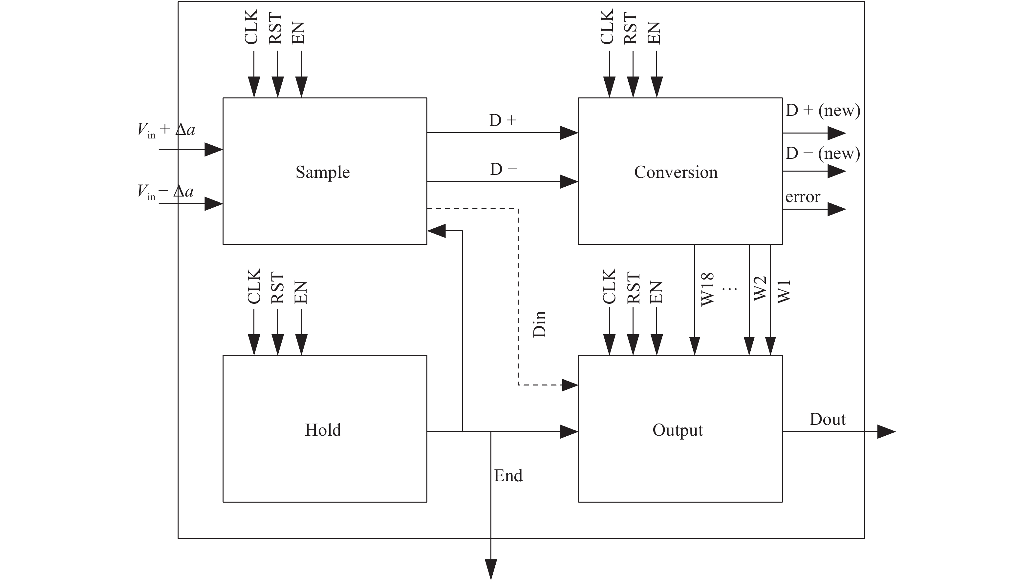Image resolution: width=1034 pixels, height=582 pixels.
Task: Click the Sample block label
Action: pos(323,172)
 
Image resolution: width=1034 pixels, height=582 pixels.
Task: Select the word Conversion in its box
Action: pos(676,172)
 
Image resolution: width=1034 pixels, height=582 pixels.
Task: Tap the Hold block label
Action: pos(323,430)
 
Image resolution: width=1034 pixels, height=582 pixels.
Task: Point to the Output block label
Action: pos(678,430)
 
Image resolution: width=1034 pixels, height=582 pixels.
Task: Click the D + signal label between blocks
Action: pos(503,120)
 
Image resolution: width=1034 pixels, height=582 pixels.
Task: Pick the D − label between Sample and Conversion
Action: pos(503,169)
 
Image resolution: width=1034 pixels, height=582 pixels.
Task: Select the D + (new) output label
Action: pos(823,110)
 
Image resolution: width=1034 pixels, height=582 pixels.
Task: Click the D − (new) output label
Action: pos(823,153)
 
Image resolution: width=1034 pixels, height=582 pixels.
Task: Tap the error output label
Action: pos(802,197)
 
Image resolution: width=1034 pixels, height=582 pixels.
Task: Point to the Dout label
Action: pos(827,420)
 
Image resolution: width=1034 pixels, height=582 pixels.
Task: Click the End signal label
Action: pos(508,476)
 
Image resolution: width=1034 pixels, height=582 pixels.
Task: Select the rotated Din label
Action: pos(539,324)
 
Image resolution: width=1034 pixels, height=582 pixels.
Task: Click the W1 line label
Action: pos(784,292)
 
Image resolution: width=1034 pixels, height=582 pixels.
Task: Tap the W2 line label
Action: pos(760,288)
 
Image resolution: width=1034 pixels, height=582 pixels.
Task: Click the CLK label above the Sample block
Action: pos(251,27)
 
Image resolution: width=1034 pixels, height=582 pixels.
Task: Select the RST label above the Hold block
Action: pos(277,288)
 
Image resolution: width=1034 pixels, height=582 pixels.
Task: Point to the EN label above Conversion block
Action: pos(654,33)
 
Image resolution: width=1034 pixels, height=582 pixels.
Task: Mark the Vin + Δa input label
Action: pos(166,130)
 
